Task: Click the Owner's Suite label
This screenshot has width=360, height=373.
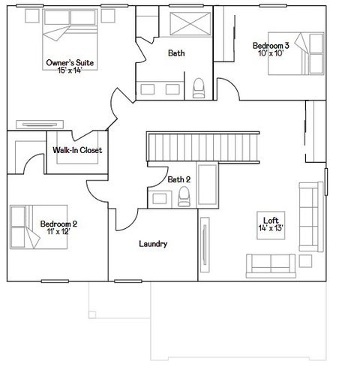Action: (70, 62)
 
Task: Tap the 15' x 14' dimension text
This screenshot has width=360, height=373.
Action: (70, 71)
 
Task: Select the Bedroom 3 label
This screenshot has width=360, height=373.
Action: (271, 46)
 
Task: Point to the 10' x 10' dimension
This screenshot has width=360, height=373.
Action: (271, 53)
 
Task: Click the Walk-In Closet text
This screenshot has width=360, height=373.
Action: (77, 150)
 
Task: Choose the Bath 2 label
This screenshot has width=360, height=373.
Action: (179, 179)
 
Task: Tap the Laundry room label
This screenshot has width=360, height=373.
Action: (153, 244)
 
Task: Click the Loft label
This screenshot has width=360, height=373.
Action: (271, 221)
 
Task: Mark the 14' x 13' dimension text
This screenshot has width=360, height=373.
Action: (271, 228)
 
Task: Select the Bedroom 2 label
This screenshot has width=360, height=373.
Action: (58, 224)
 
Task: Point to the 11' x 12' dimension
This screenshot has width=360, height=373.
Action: (58, 231)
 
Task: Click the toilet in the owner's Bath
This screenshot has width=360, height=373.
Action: (199, 88)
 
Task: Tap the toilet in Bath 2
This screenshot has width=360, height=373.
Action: (184, 197)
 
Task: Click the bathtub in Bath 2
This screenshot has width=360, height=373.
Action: (208, 185)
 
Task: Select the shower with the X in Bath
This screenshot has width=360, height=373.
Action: (190, 24)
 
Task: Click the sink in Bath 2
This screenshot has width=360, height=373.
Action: (160, 199)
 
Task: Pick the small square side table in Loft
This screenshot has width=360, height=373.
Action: (305, 261)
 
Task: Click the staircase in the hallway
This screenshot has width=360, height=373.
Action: (203, 148)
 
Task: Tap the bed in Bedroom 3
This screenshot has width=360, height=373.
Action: (296, 53)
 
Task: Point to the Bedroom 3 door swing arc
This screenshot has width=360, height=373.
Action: (232, 84)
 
